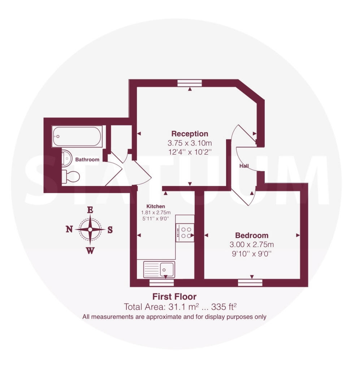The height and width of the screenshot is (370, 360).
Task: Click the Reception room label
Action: pyautogui.click(x=190, y=134)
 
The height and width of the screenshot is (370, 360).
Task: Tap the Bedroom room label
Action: pyautogui.click(x=252, y=236)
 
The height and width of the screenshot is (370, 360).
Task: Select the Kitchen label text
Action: pyautogui.click(x=156, y=206)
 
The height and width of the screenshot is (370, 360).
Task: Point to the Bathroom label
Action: pyautogui.click(x=87, y=159)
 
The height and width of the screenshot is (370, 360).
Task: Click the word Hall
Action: pyautogui.click(x=244, y=166)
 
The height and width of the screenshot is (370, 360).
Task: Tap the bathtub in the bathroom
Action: pyautogui.click(x=77, y=136)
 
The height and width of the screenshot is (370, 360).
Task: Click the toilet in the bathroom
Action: pyautogui.click(x=70, y=177)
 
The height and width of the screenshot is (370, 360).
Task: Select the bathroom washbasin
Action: pyautogui.click(x=66, y=158)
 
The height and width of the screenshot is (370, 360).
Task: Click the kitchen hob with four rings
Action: pyautogui.click(x=185, y=233)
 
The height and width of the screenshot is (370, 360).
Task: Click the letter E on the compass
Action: pyautogui.click(x=90, y=210)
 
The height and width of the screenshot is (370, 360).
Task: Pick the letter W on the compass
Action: pyautogui.click(x=90, y=251)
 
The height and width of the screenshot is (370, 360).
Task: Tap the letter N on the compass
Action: pyautogui.click(x=69, y=229)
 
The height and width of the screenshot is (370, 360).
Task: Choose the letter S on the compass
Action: pyautogui.click(x=110, y=229)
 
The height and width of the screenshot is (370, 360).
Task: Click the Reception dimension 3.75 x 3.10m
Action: pyautogui.click(x=190, y=143)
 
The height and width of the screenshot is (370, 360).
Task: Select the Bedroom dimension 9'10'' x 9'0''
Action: pyautogui.click(x=252, y=254)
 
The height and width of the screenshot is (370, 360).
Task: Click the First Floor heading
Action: pyautogui.click(x=174, y=297)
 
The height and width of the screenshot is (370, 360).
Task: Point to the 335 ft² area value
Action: pyautogui.click(x=224, y=307)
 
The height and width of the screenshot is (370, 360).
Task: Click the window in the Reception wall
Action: pyautogui.click(x=190, y=83)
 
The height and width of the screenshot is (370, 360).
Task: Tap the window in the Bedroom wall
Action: pyautogui.click(x=250, y=283)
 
